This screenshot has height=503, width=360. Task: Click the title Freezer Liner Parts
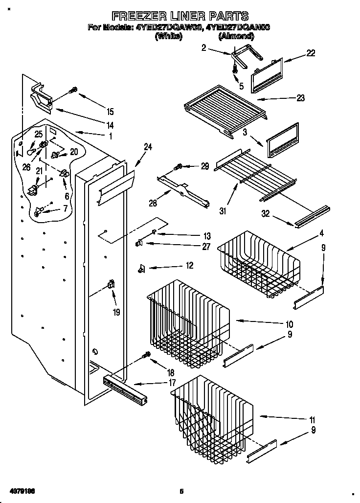(179, 16)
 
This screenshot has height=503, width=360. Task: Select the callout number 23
(300, 98)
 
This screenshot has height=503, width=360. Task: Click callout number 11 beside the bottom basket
(312, 420)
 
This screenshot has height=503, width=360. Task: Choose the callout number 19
(116, 312)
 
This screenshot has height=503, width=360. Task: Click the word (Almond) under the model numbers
(237, 36)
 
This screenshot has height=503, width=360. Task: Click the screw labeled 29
(180, 167)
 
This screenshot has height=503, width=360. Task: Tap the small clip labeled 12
(142, 267)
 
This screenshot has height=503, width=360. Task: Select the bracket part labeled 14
(43, 97)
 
